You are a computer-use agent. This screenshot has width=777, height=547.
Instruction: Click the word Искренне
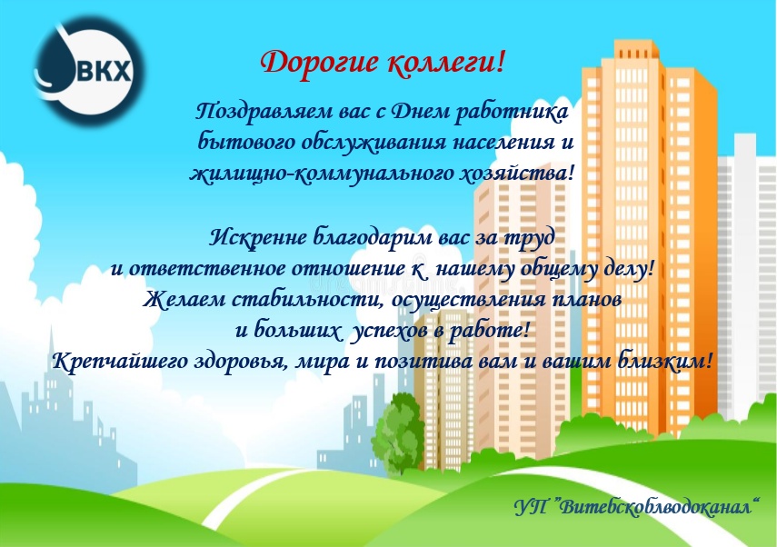coord(258,237)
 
